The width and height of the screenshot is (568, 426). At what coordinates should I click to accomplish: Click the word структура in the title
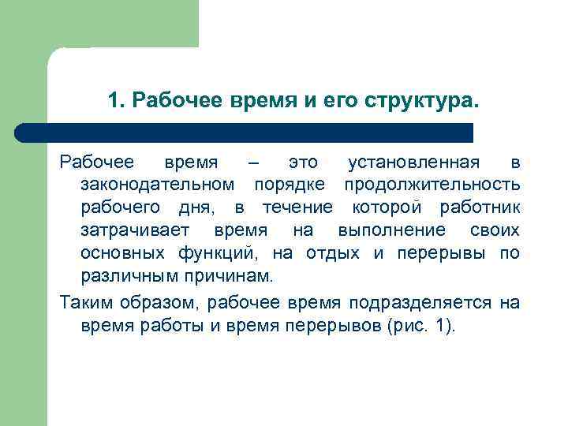click(x=422, y=102)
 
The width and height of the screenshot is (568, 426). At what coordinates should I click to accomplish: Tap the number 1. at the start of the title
click(x=117, y=102)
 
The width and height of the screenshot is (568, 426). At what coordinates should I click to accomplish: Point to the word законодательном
click(x=157, y=185)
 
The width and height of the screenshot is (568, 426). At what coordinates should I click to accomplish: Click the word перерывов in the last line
click(x=338, y=326)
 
